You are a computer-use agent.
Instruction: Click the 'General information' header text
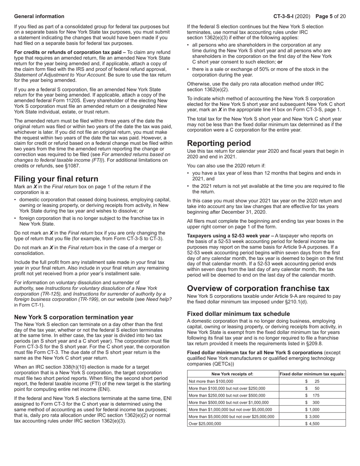point(39,16)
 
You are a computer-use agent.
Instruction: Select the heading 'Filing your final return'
point(56,179)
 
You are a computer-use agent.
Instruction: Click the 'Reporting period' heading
point(219,143)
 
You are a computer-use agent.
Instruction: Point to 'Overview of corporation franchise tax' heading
point(258,288)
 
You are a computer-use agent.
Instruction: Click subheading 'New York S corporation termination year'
point(74,317)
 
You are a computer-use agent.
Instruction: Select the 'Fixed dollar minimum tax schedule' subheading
point(238,314)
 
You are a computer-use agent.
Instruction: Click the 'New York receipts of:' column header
point(232,374)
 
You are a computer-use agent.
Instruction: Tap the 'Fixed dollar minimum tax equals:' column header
point(312,374)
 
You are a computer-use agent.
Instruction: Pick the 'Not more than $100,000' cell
point(211,382)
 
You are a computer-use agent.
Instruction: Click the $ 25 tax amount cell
point(312,382)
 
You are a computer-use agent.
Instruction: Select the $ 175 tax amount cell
point(312,396)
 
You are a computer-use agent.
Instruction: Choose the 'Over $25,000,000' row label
point(205,424)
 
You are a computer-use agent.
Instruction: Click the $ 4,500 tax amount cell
point(312,424)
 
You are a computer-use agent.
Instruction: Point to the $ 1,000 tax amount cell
point(312,410)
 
